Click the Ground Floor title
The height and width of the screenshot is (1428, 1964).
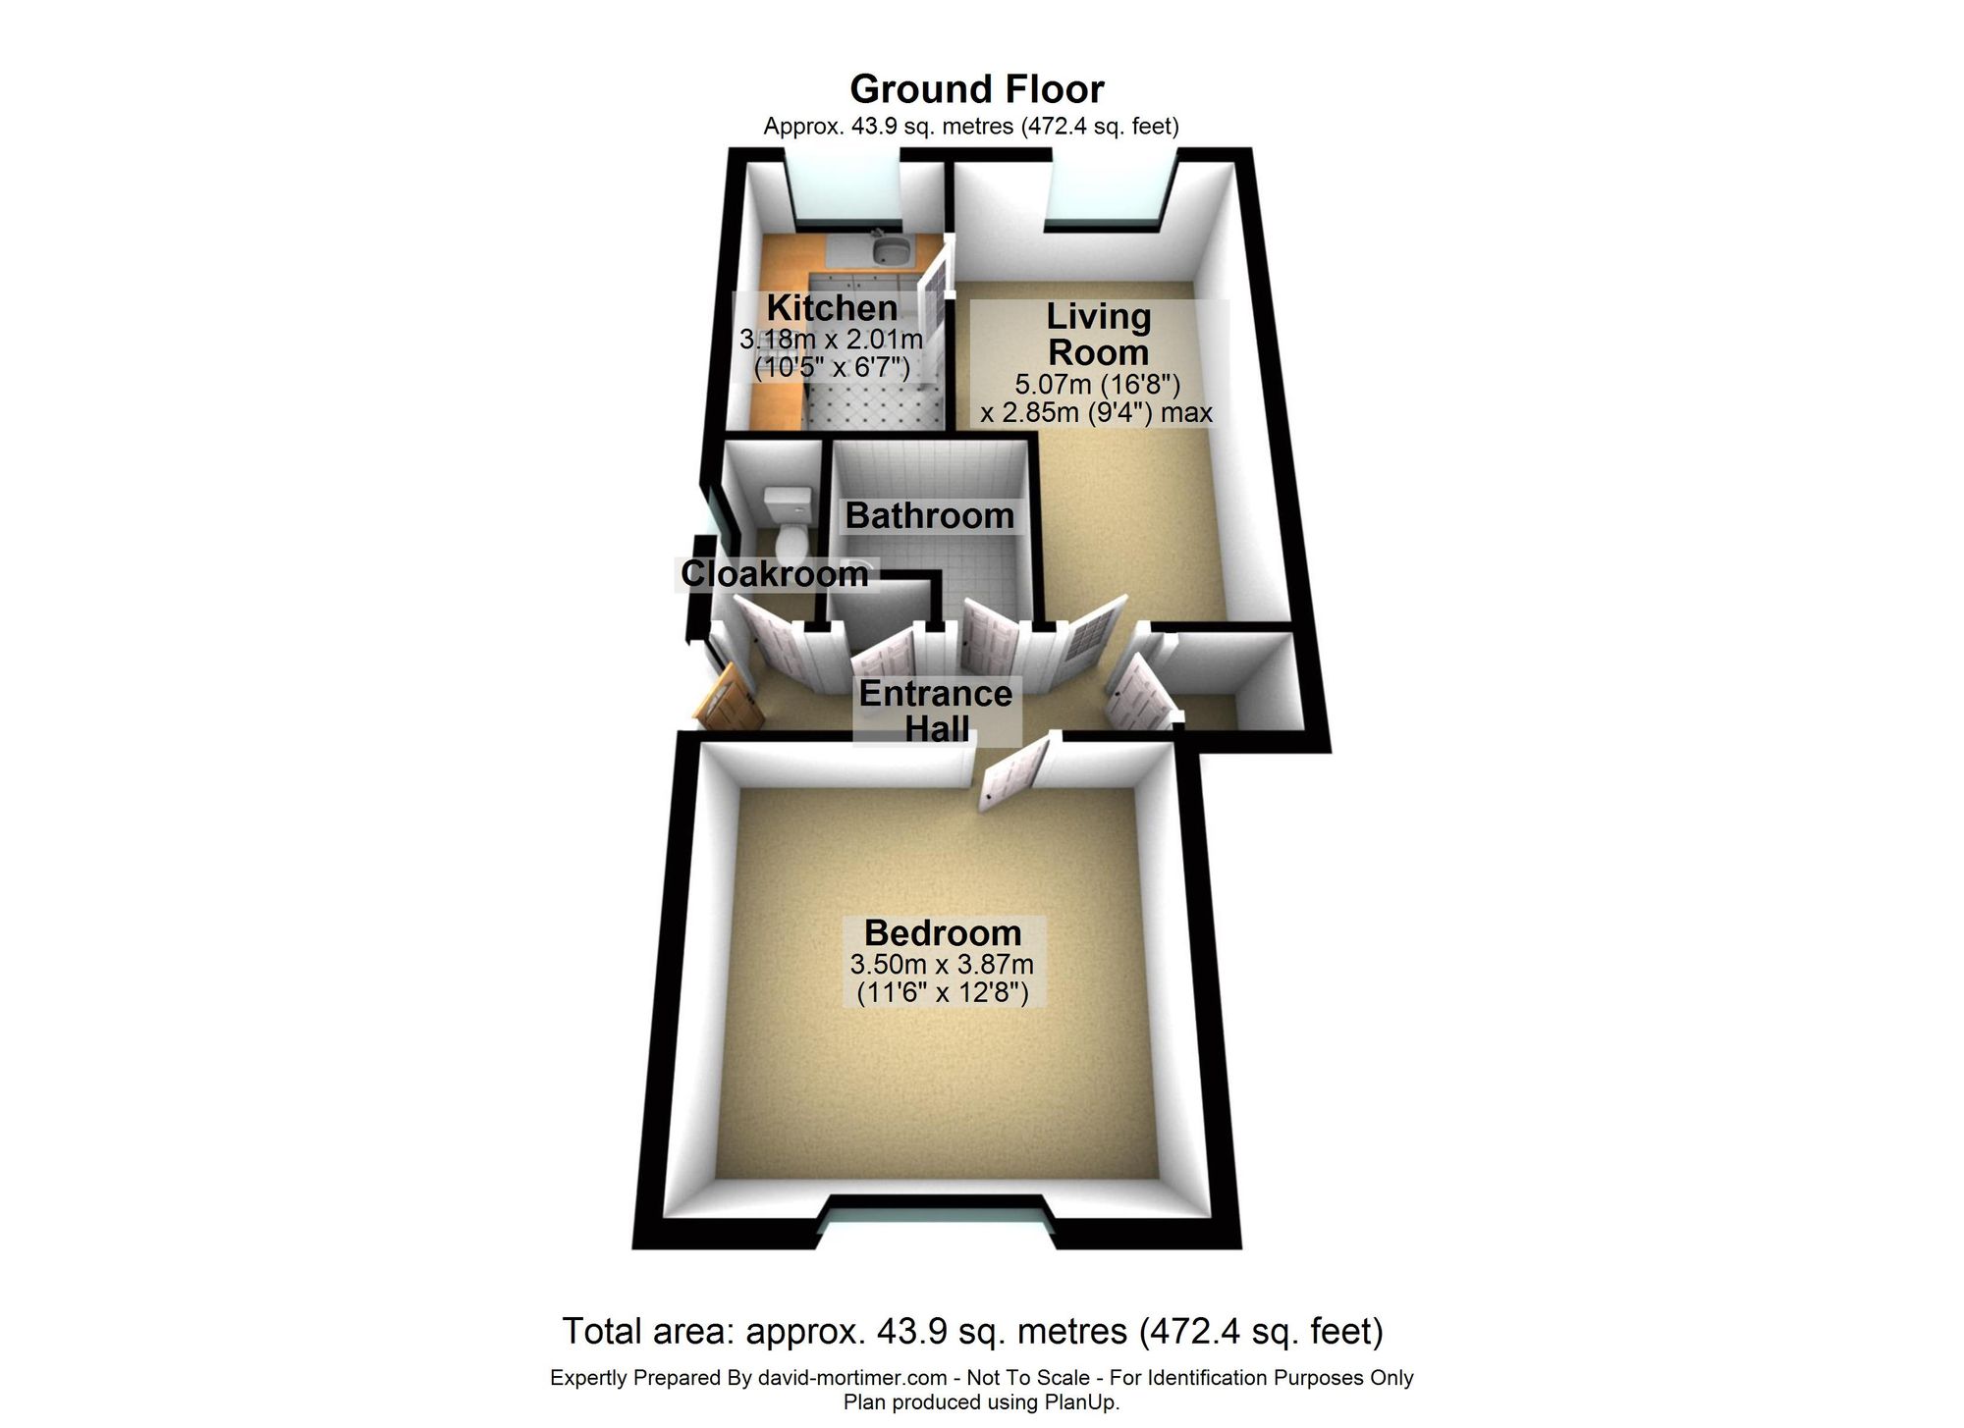pos(977,90)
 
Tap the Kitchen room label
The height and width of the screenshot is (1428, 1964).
pos(832,308)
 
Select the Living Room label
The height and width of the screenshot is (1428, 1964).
pos(1098,335)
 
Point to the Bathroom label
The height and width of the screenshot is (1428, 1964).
pos(929,516)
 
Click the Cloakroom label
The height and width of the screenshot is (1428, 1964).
pos(775,574)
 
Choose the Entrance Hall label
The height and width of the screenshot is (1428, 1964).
pos(936,712)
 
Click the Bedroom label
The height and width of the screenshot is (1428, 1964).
pos(943,932)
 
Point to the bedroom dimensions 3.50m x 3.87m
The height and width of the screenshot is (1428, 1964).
pos(942,965)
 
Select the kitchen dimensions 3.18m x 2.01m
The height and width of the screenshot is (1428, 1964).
pos(831,341)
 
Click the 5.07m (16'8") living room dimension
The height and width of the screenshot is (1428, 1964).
pos(1098,385)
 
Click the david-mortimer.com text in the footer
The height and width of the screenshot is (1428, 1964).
pos(852,1378)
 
